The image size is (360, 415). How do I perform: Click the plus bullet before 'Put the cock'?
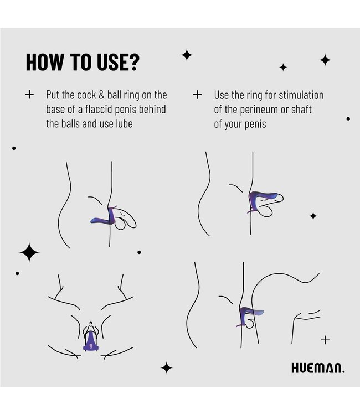(29, 95)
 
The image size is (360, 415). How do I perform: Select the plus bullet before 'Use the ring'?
(197, 95)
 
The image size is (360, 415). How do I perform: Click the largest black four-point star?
(29, 252)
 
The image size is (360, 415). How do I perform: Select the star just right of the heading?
(187, 55)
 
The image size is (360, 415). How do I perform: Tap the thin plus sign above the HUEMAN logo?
(325, 340)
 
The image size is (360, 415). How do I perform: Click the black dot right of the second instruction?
(348, 118)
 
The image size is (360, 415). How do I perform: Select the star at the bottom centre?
(166, 367)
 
